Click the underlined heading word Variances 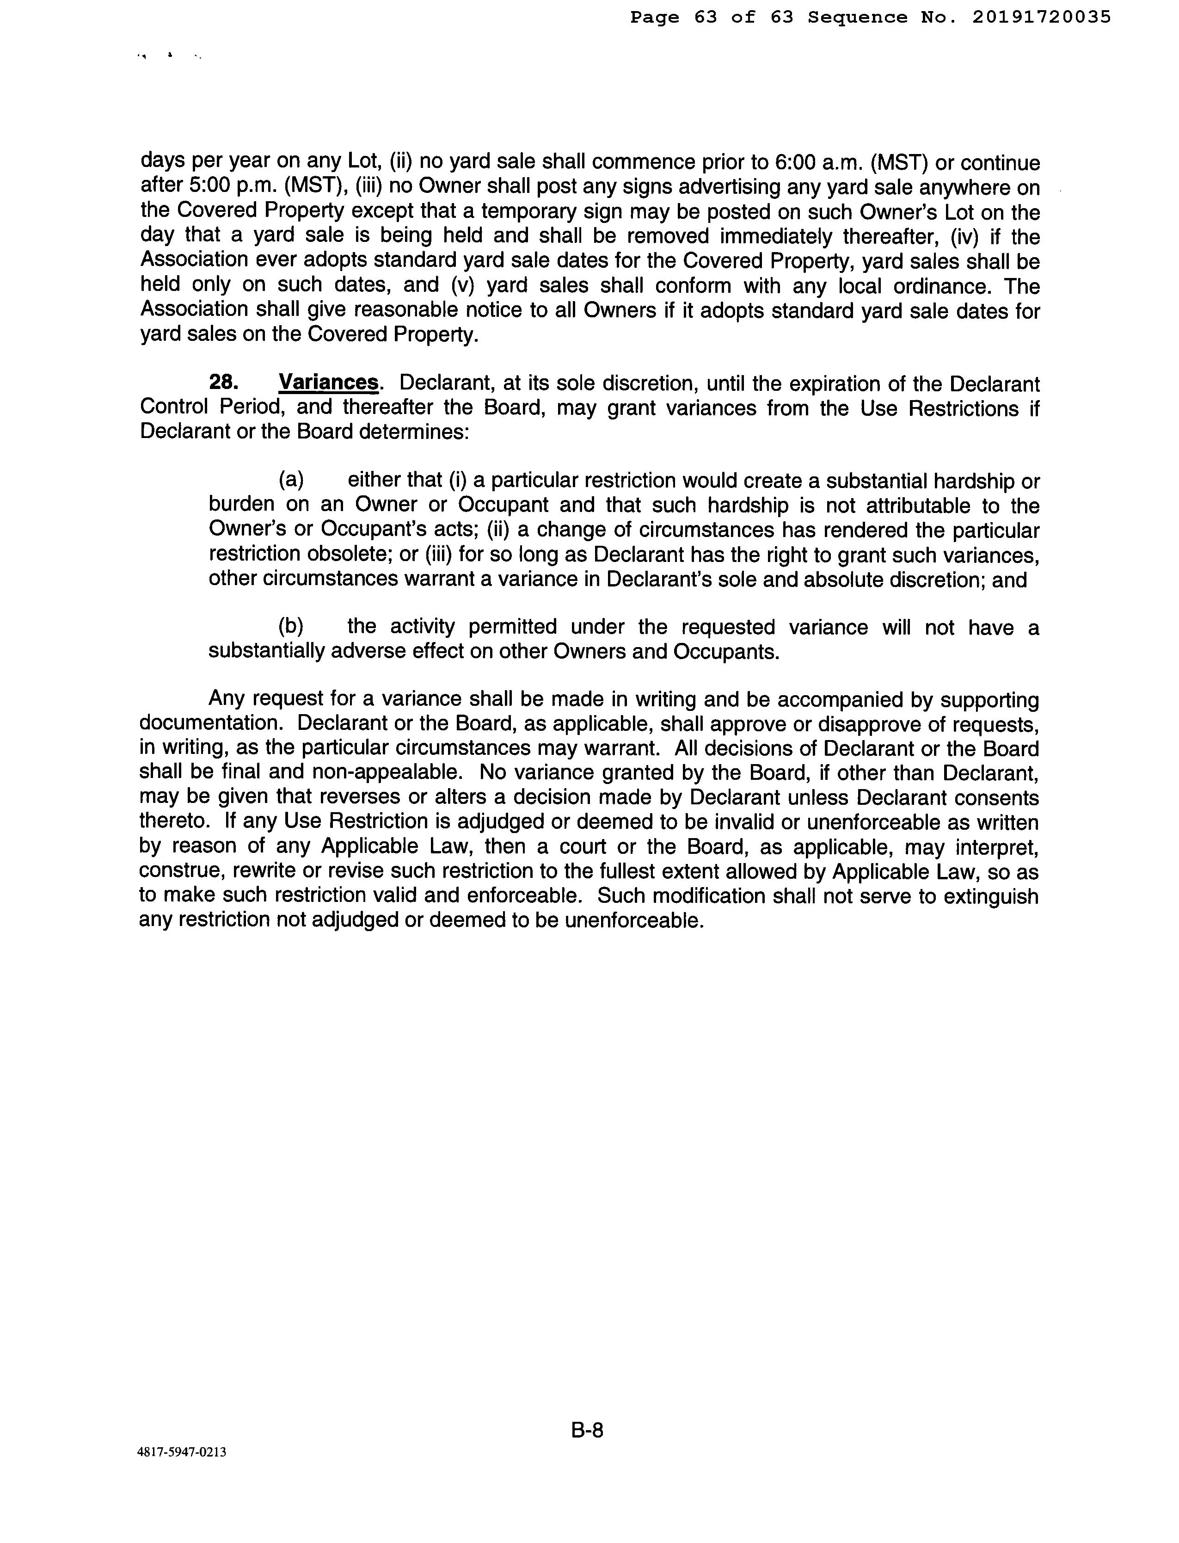[x=328, y=383]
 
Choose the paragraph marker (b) [x=291, y=626]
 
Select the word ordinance [x=942, y=286]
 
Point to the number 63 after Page [x=706, y=17]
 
